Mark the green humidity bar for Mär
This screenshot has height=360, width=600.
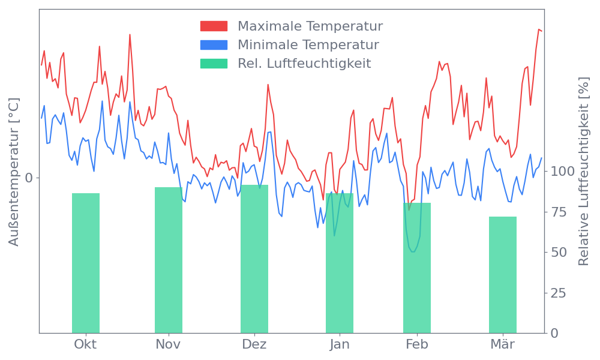[503, 274]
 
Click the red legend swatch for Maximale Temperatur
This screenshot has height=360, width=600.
[214, 26]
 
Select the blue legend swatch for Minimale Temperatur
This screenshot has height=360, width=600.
[214, 45]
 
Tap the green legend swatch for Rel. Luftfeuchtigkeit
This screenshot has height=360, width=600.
[214, 63]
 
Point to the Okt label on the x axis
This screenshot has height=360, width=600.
[85, 344]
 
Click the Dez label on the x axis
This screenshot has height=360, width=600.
[254, 344]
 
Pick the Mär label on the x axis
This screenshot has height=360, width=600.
[503, 344]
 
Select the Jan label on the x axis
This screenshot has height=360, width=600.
[340, 344]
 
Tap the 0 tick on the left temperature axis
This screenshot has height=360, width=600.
[28, 178]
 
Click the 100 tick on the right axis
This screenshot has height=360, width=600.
[563, 172]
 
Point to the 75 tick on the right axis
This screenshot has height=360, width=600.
[559, 212]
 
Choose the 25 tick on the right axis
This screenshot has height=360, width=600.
[559, 293]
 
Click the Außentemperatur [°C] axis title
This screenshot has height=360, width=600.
[14, 172]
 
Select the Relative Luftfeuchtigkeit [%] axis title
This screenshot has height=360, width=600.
[583, 172]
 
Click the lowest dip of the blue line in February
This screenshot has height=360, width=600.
[412, 251]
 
